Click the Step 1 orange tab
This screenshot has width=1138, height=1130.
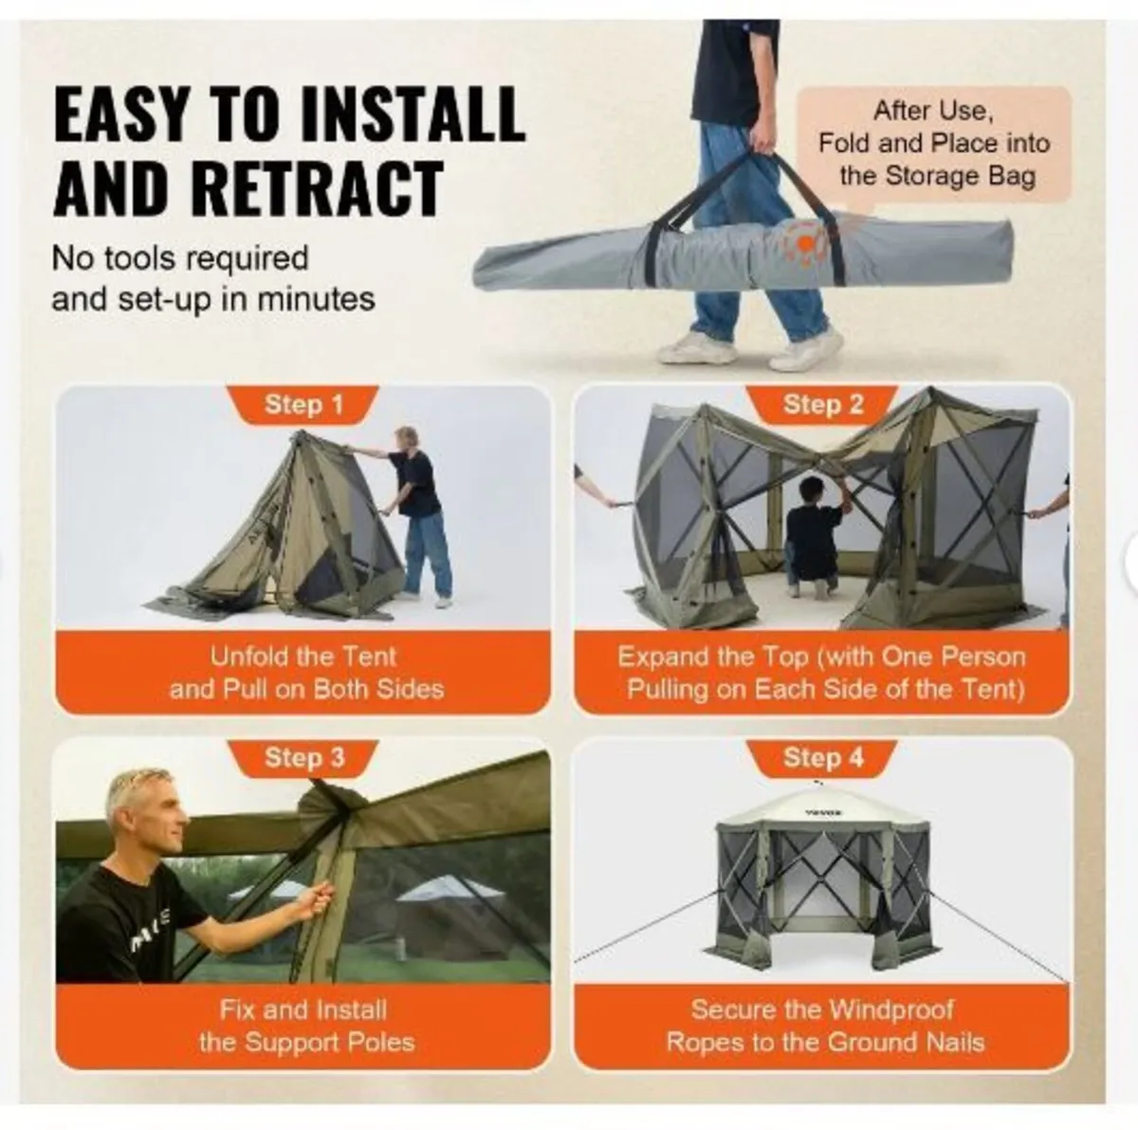303,405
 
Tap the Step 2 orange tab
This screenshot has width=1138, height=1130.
822,405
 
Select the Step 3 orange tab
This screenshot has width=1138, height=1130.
303,757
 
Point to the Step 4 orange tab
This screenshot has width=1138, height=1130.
822,757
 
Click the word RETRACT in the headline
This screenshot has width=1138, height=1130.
248,188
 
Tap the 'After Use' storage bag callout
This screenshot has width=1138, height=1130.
933,143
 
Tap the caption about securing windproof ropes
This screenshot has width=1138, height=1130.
823,1026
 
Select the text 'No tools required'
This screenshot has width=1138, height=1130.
180,258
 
